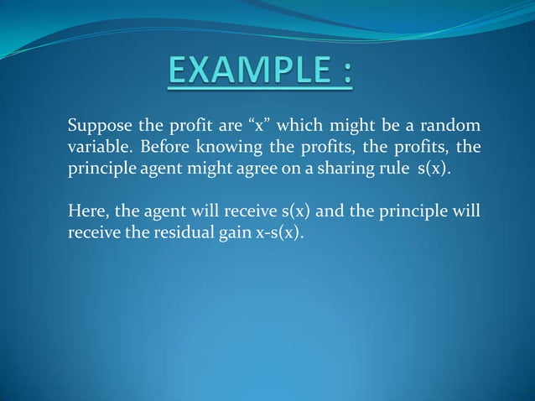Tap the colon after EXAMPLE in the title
(345, 72)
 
